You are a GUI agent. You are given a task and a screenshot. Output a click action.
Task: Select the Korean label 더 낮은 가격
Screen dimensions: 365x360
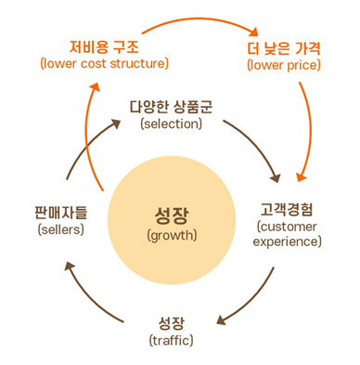pyautogui.click(x=283, y=47)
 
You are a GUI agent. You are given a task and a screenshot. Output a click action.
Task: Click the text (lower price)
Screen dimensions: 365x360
pyautogui.click(x=283, y=65)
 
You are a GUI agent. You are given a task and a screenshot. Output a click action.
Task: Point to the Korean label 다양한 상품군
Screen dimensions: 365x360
pyautogui.click(x=171, y=106)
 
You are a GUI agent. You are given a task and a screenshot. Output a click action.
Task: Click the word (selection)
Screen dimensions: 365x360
pyautogui.click(x=171, y=124)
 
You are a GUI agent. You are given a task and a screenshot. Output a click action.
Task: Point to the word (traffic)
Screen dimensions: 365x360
pyautogui.click(x=172, y=341)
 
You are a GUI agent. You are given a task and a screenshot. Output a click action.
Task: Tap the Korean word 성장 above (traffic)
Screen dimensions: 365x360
pyautogui.click(x=172, y=323)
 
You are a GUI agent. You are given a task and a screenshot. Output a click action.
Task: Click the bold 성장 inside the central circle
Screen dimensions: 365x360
pyautogui.click(x=172, y=215)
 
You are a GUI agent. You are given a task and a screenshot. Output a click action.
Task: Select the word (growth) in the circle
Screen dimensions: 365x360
pyautogui.click(x=172, y=235)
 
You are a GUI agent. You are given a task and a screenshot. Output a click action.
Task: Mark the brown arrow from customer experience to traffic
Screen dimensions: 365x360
pyautogui.click(x=252, y=302)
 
